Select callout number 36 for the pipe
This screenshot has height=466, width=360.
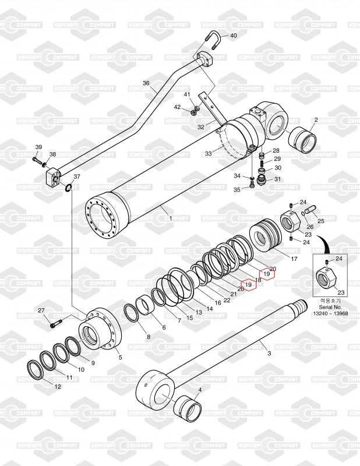click(146, 83)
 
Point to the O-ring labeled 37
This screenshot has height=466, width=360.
click(69, 188)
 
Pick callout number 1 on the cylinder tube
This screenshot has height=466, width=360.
click(170, 217)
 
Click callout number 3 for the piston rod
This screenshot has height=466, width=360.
click(269, 353)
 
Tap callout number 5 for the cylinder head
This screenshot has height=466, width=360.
click(121, 357)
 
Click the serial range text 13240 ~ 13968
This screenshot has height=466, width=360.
click(330, 313)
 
